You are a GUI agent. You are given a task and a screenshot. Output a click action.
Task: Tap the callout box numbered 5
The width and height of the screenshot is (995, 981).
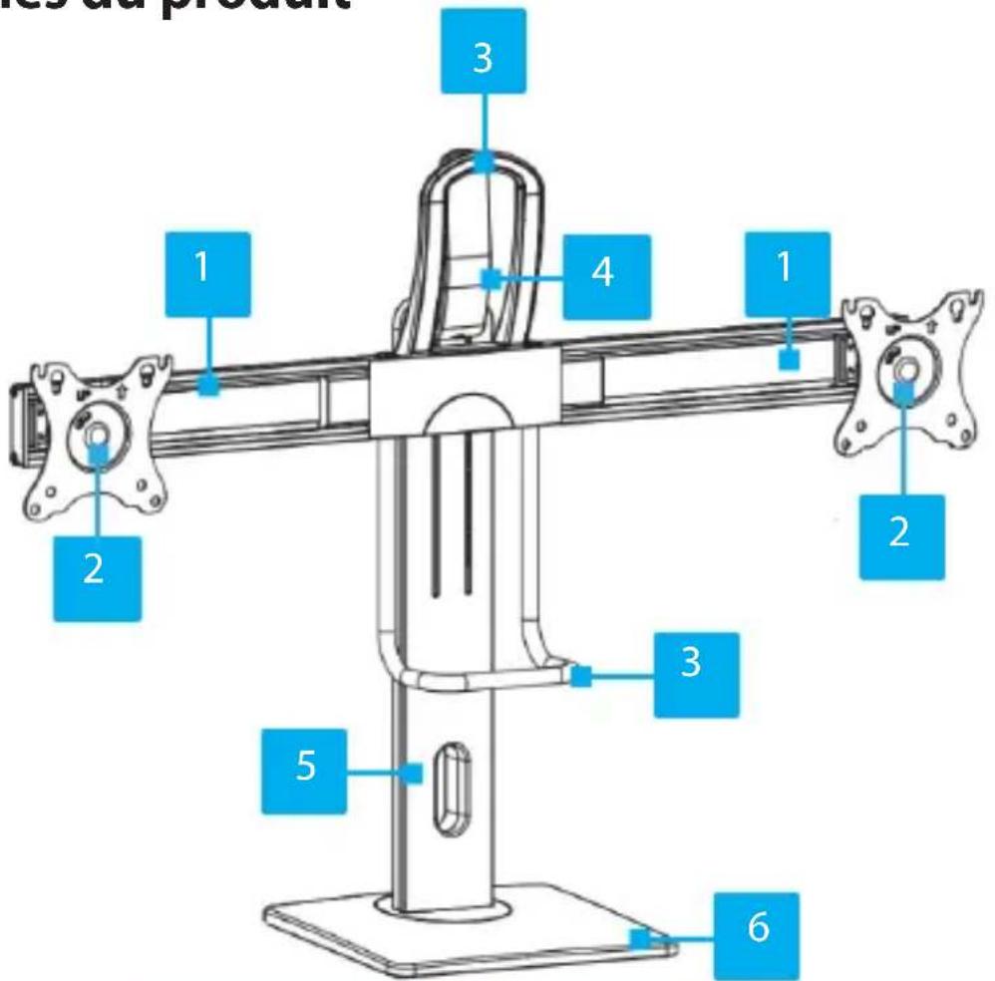click(x=305, y=770)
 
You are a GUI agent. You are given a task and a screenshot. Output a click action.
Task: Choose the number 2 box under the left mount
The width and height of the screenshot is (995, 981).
click(x=97, y=577)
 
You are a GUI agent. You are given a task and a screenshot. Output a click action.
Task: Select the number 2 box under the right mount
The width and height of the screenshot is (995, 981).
click(x=898, y=533)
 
